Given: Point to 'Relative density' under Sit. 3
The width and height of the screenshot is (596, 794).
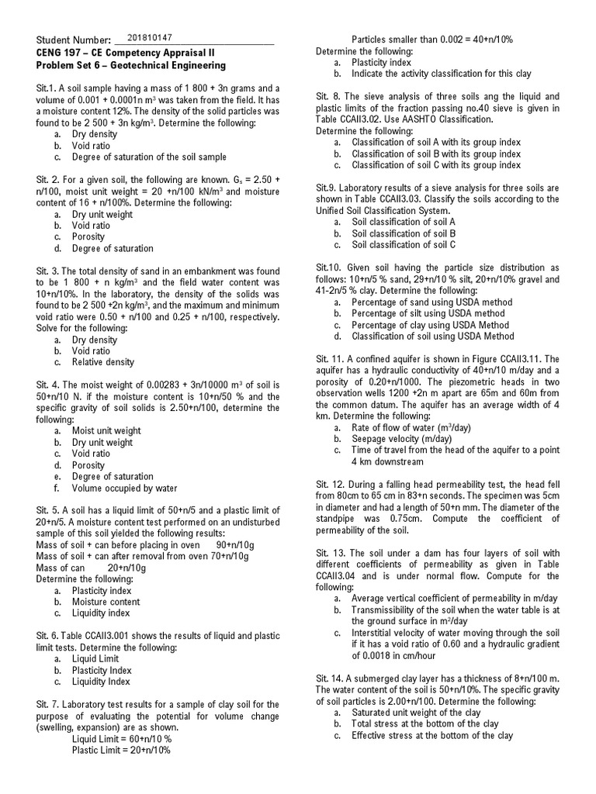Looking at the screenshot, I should [x=102, y=362].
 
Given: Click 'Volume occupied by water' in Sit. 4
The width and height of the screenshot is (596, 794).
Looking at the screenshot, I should [x=124, y=488].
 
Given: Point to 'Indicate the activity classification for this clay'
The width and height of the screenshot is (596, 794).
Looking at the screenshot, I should [x=441, y=74].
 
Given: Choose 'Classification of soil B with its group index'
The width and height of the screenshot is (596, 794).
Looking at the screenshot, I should [x=435, y=154].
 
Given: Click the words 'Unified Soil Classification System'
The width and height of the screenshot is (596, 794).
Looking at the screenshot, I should [x=382, y=211].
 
